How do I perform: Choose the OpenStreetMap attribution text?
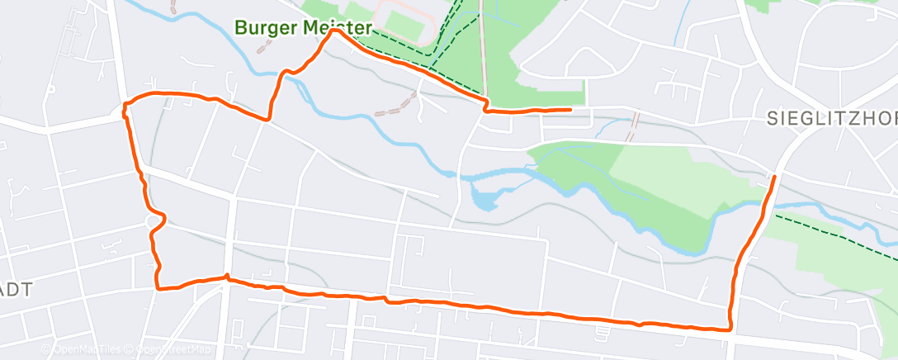(x=170, y=350)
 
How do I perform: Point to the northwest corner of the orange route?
(x=125, y=105)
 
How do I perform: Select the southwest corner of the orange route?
(x=158, y=288)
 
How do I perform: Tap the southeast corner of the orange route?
(x=730, y=329)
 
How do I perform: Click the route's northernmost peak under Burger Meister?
(x=333, y=33)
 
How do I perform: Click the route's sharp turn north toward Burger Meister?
(x=269, y=119)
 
